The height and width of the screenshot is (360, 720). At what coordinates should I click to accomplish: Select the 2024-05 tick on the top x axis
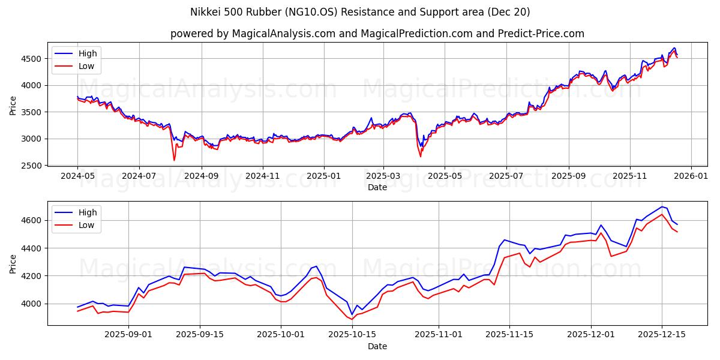coord(77,176)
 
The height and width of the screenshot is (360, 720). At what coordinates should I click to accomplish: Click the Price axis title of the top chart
coord(13,106)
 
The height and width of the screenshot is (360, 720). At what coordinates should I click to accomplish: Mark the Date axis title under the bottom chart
coord(377,347)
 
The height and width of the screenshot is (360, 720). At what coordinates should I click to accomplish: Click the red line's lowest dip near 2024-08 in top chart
coord(174,160)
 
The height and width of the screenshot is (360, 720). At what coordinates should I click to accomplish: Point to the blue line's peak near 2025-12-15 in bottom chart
coord(662,207)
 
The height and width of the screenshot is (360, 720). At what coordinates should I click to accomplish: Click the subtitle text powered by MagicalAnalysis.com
coord(377,34)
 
